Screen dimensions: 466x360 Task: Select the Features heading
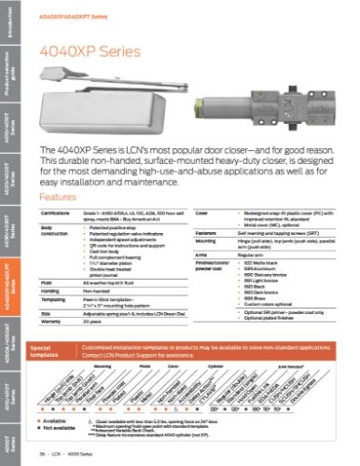tap(55, 198)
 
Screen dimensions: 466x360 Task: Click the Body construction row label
tap(48, 229)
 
